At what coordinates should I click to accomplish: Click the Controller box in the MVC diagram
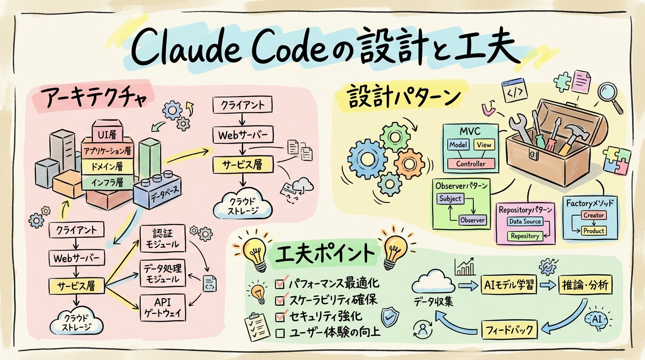click(471, 164)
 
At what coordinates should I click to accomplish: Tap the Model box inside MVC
click(458, 145)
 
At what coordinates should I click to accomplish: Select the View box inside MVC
click(484, 145)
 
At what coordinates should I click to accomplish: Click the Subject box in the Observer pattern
click(450, 198)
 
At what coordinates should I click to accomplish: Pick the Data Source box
click(525, 221)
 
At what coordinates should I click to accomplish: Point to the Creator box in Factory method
click(594, 215)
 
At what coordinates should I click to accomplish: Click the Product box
click(594, 231)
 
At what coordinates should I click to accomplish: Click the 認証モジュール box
click(163, 239)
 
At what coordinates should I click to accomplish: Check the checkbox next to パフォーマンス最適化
click(281, 284)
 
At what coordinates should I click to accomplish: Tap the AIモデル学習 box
click(509, 285)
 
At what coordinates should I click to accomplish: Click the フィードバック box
click(509, 330)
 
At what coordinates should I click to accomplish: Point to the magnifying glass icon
click(609, 92)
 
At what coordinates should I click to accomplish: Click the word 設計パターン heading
click(403, 98)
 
